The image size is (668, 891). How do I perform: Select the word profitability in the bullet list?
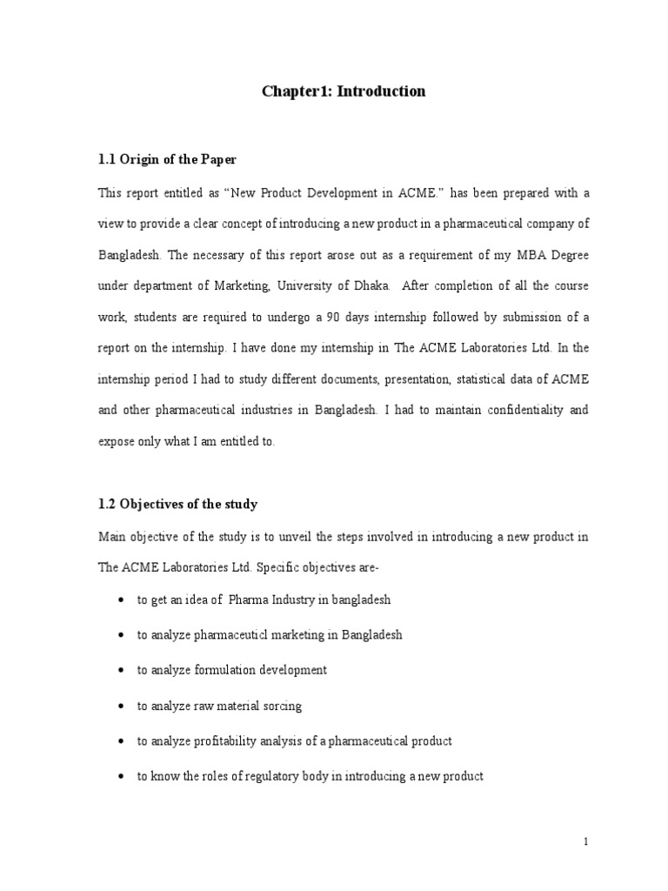pyautogui.click(x=218, y=741)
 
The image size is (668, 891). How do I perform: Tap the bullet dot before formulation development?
pyautogui.click(x=118, y=671)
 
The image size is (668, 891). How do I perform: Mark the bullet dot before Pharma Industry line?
pyautogui.click(x=118, y=600)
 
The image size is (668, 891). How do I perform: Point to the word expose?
pyautogui.click(x=117, y=442)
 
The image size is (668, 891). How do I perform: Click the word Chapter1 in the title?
pyautogui.click(x=293, y=91)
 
